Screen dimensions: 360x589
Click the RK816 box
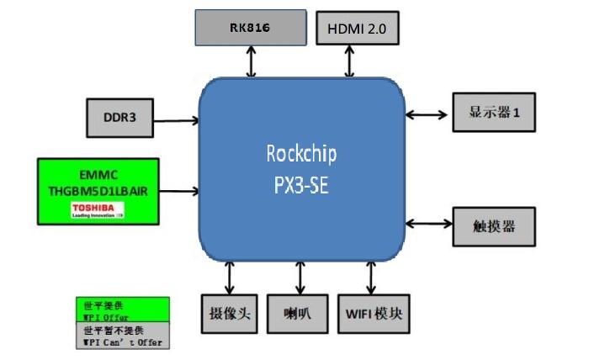(250, 27)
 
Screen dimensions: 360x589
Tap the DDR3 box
(119, 118)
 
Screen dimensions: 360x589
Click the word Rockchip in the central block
(300, 154)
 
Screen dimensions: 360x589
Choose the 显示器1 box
(494, 112)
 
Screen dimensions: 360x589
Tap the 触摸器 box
(494, 225)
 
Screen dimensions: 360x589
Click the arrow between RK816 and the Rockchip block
(250, 61)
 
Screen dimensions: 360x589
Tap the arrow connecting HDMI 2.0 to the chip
(351, 61)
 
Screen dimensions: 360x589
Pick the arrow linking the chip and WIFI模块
(370, 278)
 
